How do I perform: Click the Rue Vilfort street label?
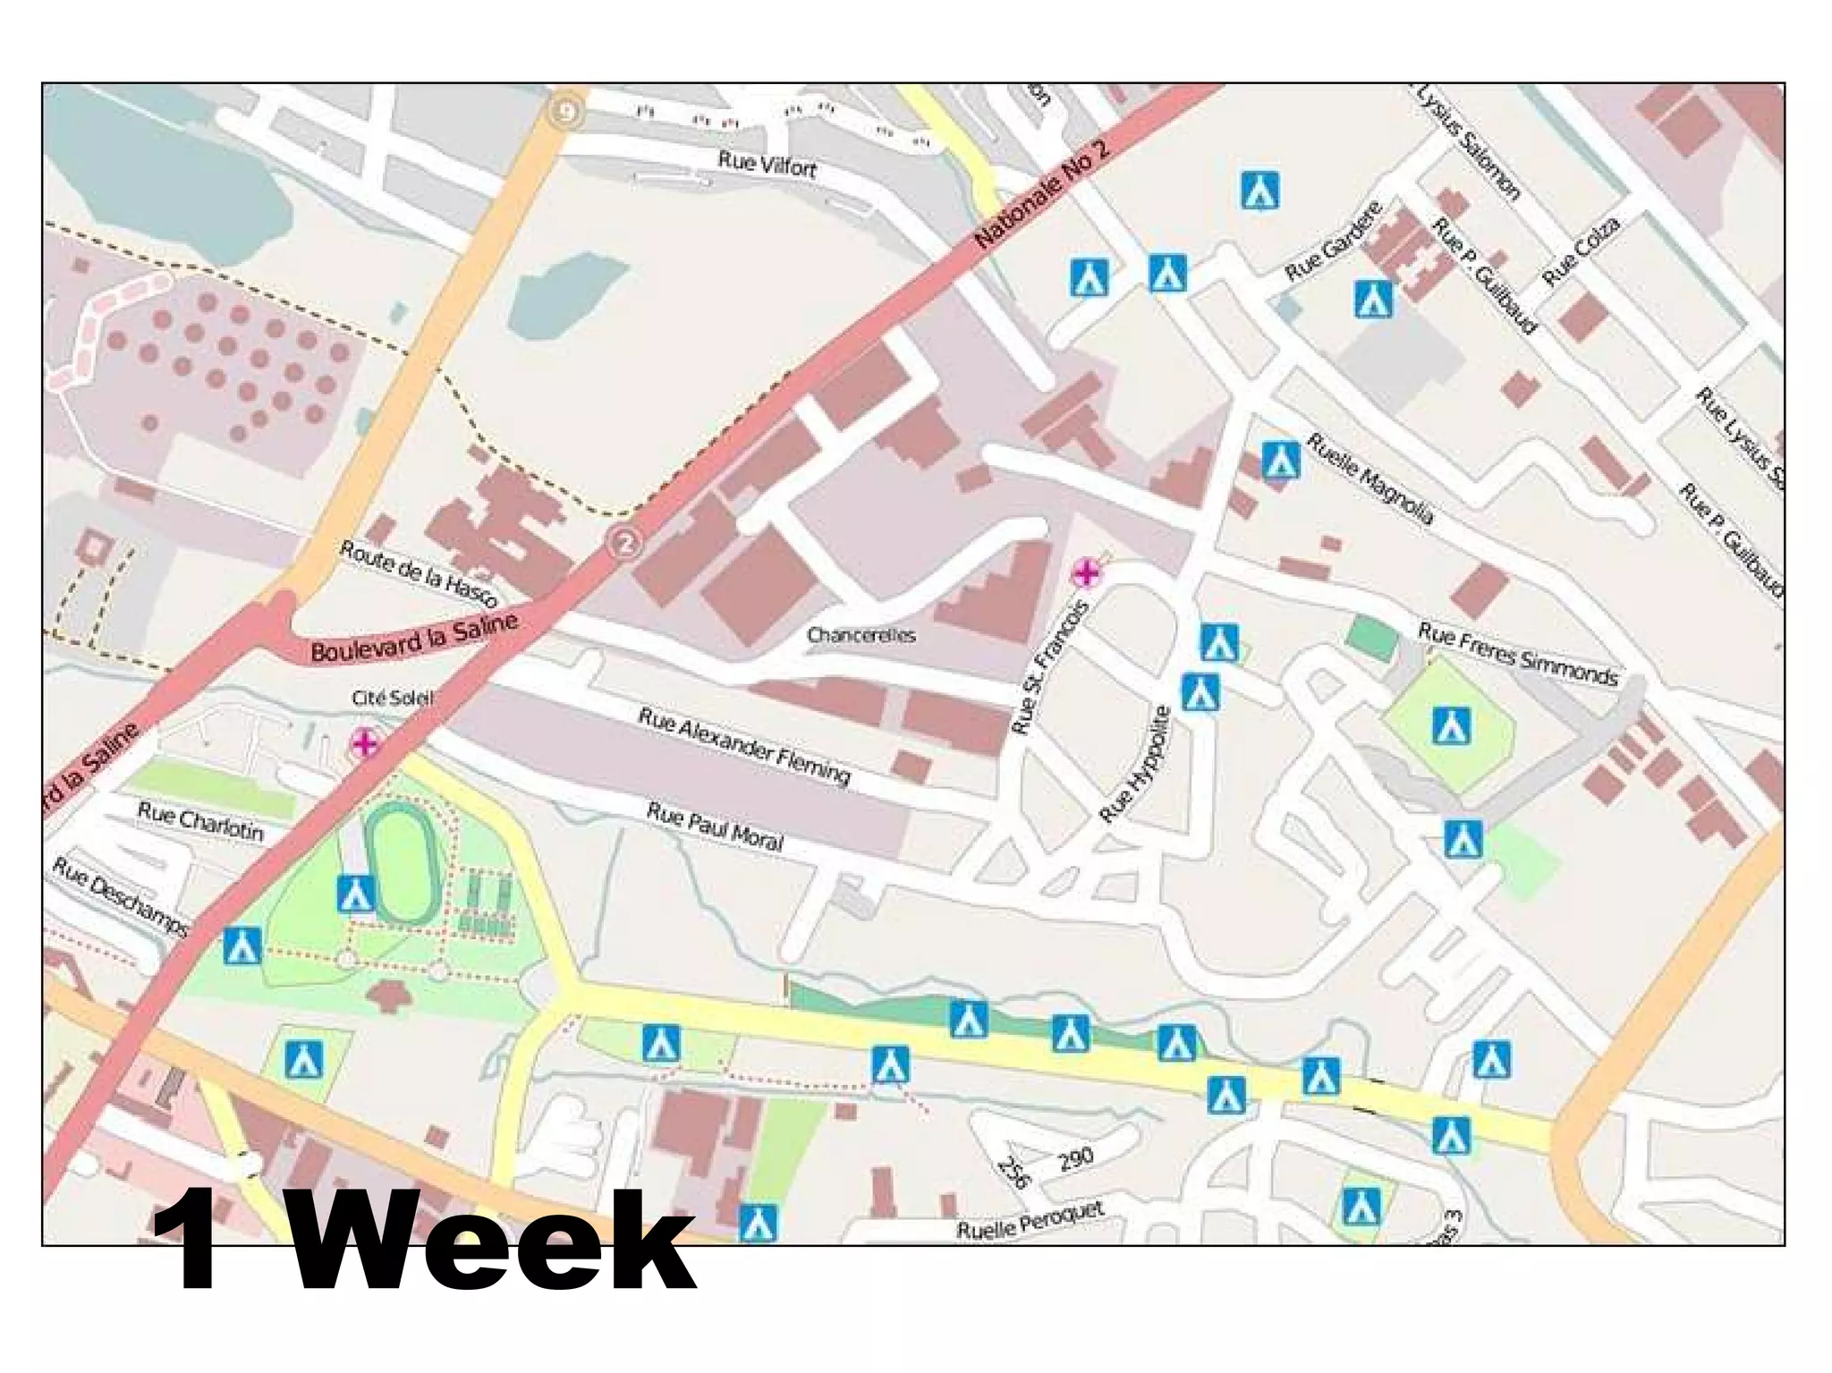767,165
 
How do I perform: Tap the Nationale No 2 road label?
1041,193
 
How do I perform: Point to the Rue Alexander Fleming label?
743,745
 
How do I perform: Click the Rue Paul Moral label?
714,826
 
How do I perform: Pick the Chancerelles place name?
861,635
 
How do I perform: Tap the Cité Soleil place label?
392,698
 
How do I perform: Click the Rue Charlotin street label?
200,822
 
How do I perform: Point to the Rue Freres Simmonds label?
1518,655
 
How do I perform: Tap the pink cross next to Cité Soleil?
365,742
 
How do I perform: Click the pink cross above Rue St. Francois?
1086,572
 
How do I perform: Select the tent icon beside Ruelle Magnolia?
1280,460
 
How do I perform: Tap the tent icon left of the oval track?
355,894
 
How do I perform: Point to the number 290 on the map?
1075,1158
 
